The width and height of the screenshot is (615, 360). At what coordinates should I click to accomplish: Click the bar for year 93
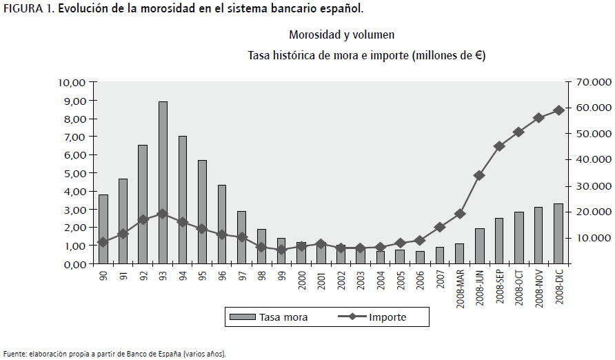163,183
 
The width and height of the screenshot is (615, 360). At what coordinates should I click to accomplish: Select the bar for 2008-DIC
558,234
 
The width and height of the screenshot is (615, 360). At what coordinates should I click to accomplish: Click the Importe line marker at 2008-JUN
479,175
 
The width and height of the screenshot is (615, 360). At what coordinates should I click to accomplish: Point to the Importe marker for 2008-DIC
558,110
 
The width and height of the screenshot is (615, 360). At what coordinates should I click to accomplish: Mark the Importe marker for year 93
163,214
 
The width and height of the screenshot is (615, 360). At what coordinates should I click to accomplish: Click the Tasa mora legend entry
268,317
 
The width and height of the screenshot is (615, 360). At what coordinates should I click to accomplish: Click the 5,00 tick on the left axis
72,173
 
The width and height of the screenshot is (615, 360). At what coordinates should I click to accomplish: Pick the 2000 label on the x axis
301,281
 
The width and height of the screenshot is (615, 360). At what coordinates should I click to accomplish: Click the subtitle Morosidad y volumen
341,34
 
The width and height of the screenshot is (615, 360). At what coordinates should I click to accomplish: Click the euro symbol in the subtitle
478,56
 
